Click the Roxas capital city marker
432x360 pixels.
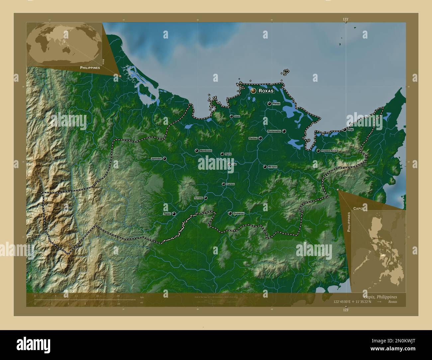click(x=253, y=91)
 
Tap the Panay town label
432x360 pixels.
click(x=276, y=104)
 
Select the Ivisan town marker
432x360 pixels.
click(x=231, y=116)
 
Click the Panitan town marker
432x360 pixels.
click(x=260, y=138)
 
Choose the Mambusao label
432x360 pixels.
click(x=206, y=151)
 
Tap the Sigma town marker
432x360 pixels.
click(x=222, y=154)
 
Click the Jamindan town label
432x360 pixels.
click(x=156, y=159)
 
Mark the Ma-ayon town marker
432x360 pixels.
click(x=265, y=167)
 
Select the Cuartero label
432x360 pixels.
click(x=230, y=184)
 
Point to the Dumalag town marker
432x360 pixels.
click(x=206, y=198)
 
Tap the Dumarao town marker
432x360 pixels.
click(x=230, y=213)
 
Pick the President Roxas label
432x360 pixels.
click(x=329, y=151)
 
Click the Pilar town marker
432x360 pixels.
click(x=345, y=130)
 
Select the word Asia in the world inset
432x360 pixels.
click(x=103, y=61)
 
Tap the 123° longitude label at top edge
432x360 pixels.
click(x=346, y=20)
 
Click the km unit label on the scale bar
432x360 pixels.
click(x=142, y=297)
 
